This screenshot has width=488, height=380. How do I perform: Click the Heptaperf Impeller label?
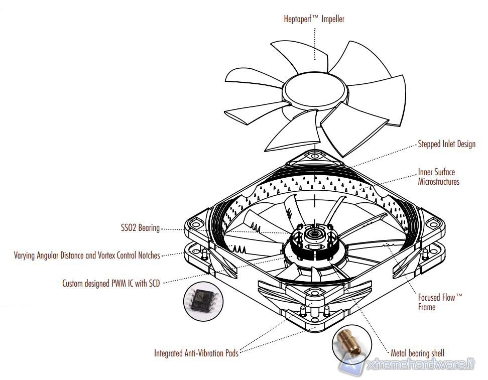[314, 19]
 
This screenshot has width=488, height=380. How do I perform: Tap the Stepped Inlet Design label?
[446, 145]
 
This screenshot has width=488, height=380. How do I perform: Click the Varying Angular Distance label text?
[87, 256]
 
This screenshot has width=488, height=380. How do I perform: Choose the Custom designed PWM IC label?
[111, 283]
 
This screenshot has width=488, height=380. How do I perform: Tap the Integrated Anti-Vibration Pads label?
[196, 353]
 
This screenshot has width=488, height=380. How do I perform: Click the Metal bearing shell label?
[417, 353]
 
